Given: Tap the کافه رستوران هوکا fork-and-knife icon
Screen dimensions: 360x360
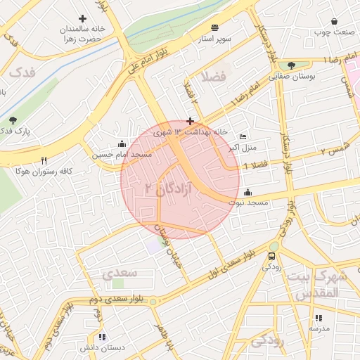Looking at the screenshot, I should [x=44, y=160].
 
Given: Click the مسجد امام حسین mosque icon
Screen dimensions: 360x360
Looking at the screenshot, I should [x=124, y=143].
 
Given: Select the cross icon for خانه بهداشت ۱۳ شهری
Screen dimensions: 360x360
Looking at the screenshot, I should [x=190, y=122].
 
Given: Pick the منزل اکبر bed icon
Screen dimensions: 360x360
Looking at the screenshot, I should [x=243, y=136].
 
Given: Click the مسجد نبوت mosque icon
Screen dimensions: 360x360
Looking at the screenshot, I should [x=247, y=192].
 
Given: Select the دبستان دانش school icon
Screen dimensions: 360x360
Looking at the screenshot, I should [x=103, y=337].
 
